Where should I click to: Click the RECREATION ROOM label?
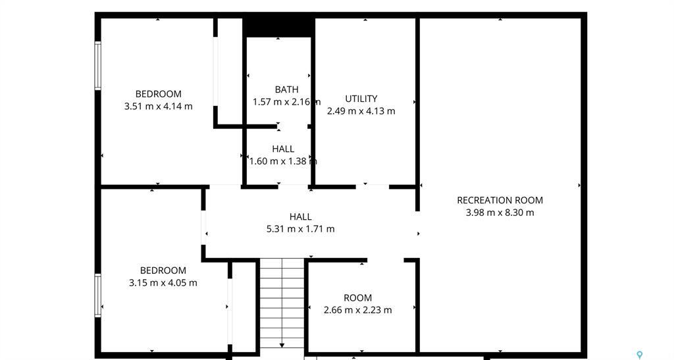[x=500, y=200]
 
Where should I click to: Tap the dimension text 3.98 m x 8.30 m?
[x=500, y=213]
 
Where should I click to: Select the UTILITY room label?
[x=361, y=99]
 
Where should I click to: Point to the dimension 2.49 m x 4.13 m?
[x=361, y=111]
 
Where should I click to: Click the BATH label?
[x=286, y=90]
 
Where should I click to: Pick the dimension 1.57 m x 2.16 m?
[x=286, y=102]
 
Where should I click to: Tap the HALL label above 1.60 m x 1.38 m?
[x=283, y=149]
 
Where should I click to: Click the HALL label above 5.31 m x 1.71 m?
[x=300, y=217]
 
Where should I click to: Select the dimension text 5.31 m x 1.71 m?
[x=300, y=229]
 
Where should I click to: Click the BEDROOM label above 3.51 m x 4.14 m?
[x=158, y=94]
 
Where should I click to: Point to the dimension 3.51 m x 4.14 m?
[x=158, y=106]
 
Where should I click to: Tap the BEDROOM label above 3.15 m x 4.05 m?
[x=163, y=270]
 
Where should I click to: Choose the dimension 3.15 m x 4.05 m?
[x=163, y=283]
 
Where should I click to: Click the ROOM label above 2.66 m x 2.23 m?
[x=357, y=297]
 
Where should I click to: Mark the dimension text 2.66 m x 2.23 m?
[x=357, y=310]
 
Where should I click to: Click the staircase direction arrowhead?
[x=282, y=345]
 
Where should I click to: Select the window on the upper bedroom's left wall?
[x=98, y=66]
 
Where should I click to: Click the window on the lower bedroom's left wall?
[x=98, y=296]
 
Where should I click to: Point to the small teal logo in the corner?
[x=639, y=355]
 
